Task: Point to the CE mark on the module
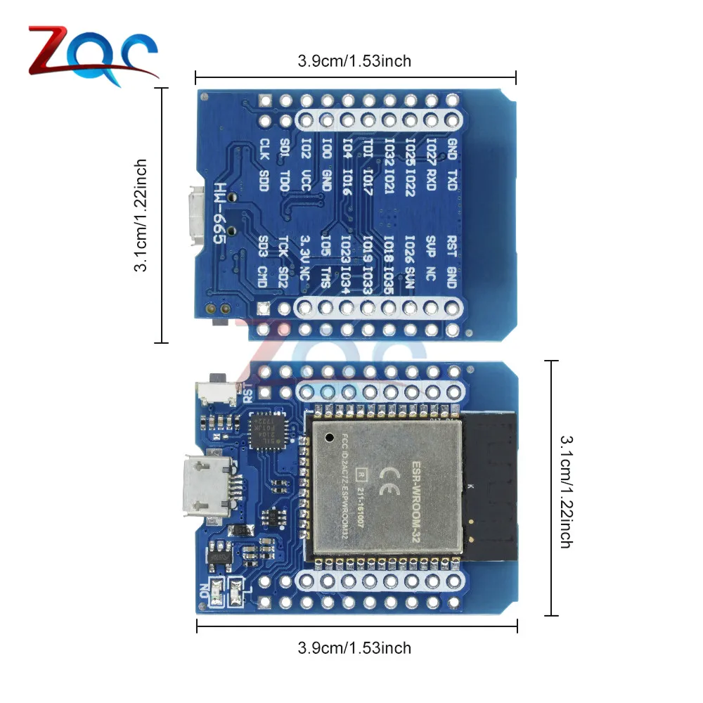pyautogui.click(x=385, y=482)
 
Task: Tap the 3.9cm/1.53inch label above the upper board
pyautogui.click(x=354, y=61)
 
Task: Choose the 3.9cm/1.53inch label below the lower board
pyautogui.click(x=354, y=647)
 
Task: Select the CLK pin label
pyautogui.click(x=264, y=148)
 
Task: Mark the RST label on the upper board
pyautogui.click(x=453, y=246)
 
